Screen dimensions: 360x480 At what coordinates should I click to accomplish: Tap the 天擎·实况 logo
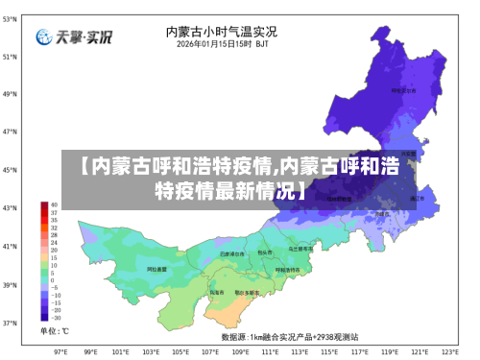pyautogui.click(x=75, y=37)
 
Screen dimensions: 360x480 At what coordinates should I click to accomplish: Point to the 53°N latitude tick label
pyautogui.click(x=9, y=18)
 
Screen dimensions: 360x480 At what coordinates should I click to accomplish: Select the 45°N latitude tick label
pyautogui.click(x=9, y=170)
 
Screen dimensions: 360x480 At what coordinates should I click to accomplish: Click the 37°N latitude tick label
pyautogui.click(x=9, y=323)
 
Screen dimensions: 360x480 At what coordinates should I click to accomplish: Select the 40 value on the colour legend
pyautogui.click(x=55, y=205)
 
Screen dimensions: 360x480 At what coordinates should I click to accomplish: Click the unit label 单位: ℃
pyautogui.click(x=54, y=331)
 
